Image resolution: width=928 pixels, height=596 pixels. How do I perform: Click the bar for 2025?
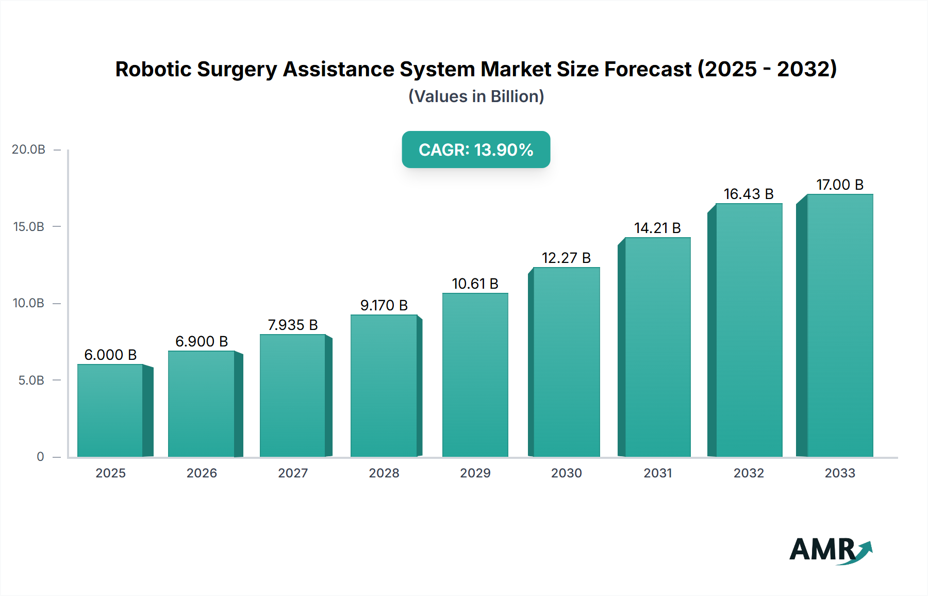110,410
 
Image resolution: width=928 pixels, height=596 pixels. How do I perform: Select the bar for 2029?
475,375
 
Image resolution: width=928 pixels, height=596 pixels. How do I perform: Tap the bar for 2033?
840,325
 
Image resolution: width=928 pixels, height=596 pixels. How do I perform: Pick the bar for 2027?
293,395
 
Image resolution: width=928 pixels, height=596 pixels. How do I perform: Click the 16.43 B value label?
749,194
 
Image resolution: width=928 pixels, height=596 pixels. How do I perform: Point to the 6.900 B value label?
202,341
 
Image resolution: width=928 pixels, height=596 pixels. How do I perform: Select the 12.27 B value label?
566,258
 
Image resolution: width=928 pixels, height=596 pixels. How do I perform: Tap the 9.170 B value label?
384,305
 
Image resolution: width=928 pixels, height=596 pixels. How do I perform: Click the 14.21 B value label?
657,228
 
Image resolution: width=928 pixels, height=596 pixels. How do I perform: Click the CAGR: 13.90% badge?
476,150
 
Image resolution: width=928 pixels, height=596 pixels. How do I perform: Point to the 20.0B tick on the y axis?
28,150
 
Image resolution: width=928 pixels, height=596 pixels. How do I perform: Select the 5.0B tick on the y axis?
31,380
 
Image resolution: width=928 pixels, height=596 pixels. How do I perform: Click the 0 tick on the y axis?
40,457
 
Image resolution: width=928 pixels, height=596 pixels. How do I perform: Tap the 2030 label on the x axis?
566,473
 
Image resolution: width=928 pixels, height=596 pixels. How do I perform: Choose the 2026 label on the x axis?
202,473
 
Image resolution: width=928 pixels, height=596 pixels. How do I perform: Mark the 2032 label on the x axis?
749,473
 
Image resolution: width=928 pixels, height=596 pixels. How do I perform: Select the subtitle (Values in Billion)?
476,96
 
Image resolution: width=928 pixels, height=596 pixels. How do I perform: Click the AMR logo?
830,550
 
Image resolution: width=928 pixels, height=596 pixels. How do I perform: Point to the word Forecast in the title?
648,69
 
